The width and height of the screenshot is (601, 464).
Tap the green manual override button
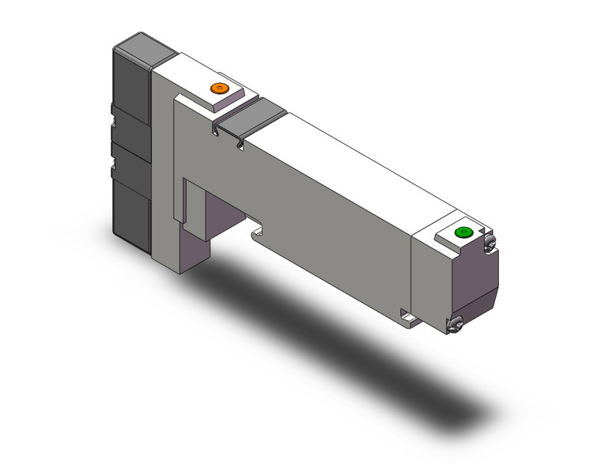[x=463, y=232]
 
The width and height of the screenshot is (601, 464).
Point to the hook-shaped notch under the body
[x=257, y=232]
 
